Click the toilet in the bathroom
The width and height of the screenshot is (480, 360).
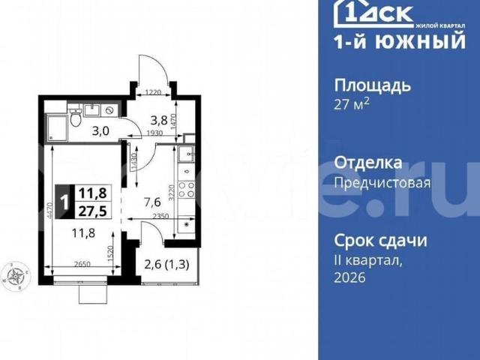coord(75,118)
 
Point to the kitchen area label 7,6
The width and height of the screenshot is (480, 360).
coord(152,200)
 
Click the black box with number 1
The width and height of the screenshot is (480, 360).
coord(64,201)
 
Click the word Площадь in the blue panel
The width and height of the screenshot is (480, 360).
coord(372,85)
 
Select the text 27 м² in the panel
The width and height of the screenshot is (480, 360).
coord(352,105)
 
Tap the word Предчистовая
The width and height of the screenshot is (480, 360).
coord(382,182)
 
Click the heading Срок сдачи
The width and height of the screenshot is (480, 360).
coord(380,241)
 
